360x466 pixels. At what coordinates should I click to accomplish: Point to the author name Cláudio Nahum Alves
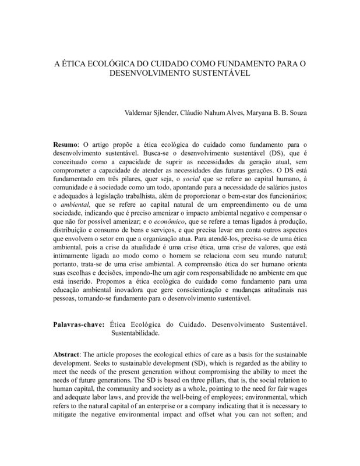pyautogui.click(x=230, y=112)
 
